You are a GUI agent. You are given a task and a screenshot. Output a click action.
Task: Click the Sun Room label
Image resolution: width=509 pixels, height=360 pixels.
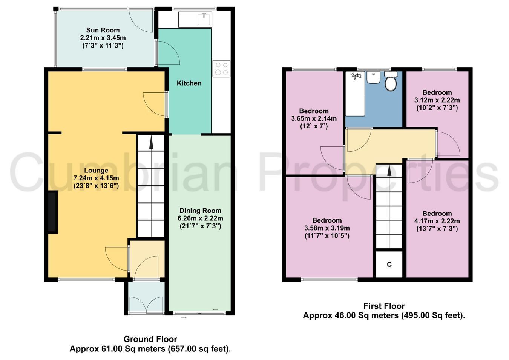click(103, 30)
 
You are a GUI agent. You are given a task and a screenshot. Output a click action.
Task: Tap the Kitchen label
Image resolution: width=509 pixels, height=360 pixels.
click(189, 83)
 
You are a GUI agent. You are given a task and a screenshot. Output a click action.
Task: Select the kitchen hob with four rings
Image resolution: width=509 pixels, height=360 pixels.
click(221, 69)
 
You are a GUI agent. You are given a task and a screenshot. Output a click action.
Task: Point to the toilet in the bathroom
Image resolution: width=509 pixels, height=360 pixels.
click(391, 81)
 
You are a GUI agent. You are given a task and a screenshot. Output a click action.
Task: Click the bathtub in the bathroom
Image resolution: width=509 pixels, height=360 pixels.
click(355, 94)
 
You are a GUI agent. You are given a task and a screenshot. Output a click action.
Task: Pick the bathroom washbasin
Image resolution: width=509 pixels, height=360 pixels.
click(374, 78)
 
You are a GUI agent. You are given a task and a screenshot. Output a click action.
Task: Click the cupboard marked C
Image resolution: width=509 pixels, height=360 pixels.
click(389, 264)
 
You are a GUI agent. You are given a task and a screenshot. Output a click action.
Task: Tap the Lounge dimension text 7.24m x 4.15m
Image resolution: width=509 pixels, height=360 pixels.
click(96, 178)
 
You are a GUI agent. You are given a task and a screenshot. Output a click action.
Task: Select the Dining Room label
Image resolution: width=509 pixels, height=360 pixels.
click(200, 211)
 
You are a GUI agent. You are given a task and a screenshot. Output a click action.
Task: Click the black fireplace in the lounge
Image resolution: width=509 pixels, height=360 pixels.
click(53, 212)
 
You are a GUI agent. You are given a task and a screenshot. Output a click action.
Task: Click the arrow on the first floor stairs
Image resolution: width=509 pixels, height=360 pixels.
click(389, 170)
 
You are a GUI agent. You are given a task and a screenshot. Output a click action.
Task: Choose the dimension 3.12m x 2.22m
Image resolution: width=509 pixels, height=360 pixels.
click(437, 100)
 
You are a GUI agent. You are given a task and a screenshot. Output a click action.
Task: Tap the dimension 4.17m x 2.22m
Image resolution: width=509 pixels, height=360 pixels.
click(437, 221)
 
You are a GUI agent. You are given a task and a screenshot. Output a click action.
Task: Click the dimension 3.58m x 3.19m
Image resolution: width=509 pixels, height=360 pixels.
click(327, 228)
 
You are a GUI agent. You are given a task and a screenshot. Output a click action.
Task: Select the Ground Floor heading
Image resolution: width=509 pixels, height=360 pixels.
click(150, 339)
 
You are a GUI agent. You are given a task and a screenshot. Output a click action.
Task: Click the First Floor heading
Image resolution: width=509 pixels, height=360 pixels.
click(384, 306)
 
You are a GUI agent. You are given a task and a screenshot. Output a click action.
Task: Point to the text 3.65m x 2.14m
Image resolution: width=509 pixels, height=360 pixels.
click(314, 118)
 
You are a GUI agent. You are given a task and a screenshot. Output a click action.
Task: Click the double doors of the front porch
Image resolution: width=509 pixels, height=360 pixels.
click(146, 305)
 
